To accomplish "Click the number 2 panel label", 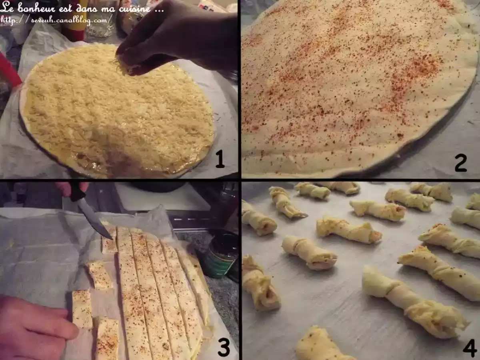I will click(460, 163).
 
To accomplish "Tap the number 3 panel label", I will click(223, 347).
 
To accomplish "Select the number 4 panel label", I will click(470, 348).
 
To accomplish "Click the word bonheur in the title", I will click(39, 8).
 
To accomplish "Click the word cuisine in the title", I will click(134, 8).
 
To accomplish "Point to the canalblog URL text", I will click(56, 19).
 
